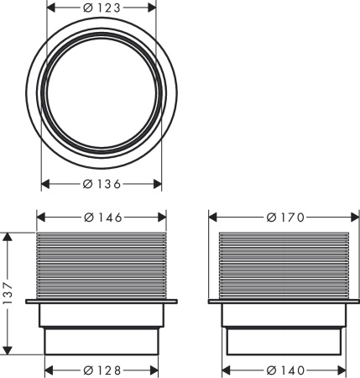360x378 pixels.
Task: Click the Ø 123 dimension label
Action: pos(102,7)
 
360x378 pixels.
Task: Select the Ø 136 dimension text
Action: pos(102,183)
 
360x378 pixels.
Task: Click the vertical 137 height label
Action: pos(8,293)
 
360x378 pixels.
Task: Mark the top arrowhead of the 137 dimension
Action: pos(8,236)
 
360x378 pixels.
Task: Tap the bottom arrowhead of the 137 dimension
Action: pos(8,351)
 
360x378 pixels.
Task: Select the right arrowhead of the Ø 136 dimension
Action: pos(157,183)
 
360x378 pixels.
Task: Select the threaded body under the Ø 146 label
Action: pos(102,262)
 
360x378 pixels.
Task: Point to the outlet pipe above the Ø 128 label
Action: pos(102,340)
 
